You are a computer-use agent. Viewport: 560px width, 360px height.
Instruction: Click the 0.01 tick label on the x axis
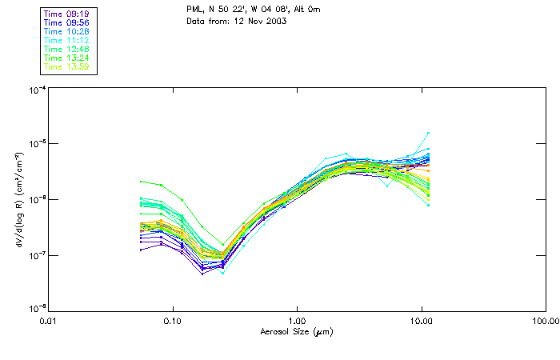coord(48,322)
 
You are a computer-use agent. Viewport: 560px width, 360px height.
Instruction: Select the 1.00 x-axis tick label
coord(297,322)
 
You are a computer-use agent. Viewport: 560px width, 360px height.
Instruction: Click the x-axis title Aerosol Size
coord(296,332)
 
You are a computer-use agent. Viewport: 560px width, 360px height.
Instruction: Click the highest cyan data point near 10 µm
coord(428,133)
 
